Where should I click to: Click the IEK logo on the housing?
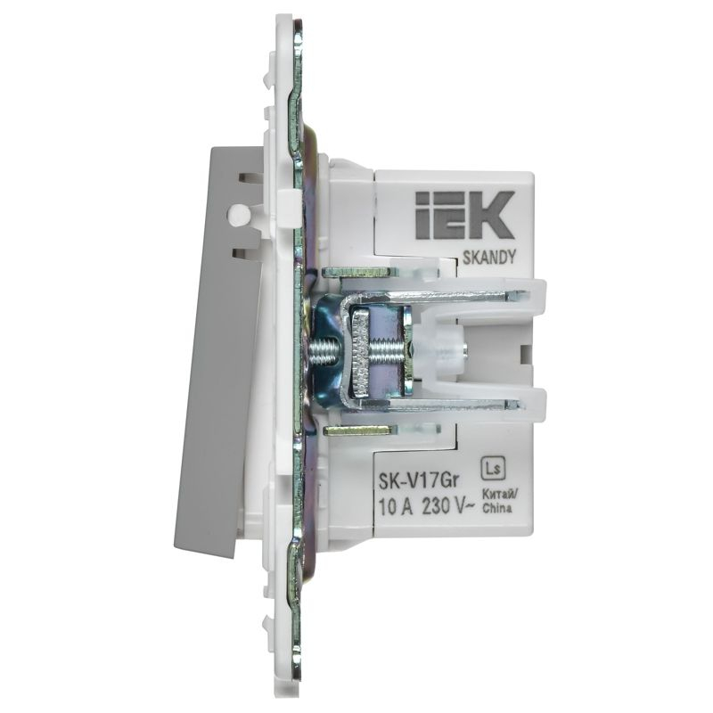tap(463, 216)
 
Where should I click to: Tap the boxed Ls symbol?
tap(490, 464)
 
